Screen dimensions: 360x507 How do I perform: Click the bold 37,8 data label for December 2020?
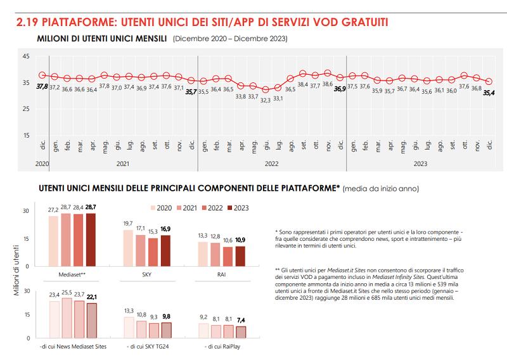pyautogui.click(x=42, y=87)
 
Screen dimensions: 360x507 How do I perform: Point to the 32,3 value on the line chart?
pyautogui.click(x=266, y=100)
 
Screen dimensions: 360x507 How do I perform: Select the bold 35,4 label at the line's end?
pyautogui.click(x=489, y=93)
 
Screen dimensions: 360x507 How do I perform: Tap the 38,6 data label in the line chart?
pyautogui.click(x=327, y=84)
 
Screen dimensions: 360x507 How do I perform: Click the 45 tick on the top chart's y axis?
pyautogui.click(x=26, y=57)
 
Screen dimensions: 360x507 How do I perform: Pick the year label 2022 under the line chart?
pyautogui.click(x=271, y=164)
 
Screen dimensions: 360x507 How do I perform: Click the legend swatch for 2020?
pyautogui.click(x=152, y=208)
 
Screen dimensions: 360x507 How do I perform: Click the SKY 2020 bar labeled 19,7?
pyautogui.click(x=128, y=248)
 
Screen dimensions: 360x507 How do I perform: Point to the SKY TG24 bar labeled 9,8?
pyautogui.click(x=166, y=331)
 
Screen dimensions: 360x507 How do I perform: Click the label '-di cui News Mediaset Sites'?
pyautogui.click(x=73, y=347)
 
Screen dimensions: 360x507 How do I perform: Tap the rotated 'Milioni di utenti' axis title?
pyautogui.click(x=16, y=273)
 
